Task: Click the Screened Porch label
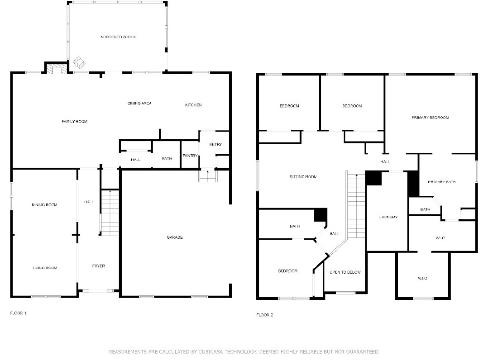tap(119, 37)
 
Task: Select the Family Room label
tap(75, 122)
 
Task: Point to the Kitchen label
tap(193, 105)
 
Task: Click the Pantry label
tap(190, 156)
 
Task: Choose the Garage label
tap(175, 237)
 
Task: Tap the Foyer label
tap(98, 266)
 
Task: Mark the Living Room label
tap(45, 268)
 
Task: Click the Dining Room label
tap(44, 205)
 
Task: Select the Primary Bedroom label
tap(430, 118)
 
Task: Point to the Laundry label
tap(388, 217)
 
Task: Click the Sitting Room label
tap(303, 177)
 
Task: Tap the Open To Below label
tap(345, 272)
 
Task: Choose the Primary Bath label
tap(441, 182)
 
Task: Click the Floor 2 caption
tap(265, 315)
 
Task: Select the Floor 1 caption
tap(19, 313)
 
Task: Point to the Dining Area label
tap(139, 103)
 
